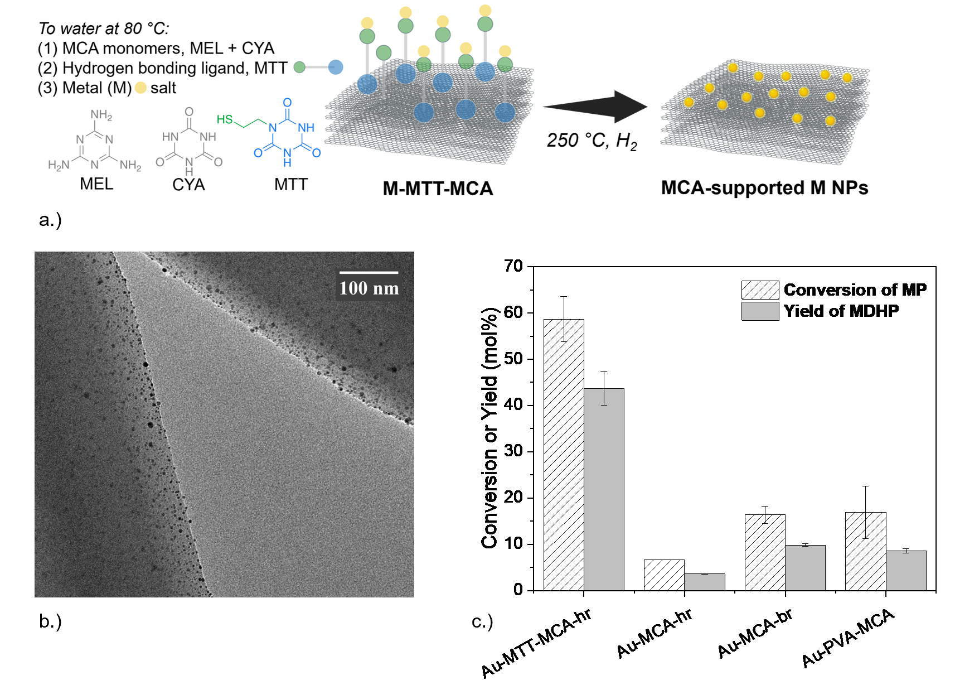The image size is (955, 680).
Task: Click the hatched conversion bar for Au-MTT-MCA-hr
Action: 564,454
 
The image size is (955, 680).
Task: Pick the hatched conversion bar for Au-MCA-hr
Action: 664,575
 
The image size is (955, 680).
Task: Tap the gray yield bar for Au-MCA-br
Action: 805,567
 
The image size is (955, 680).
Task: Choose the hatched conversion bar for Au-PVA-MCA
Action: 865,551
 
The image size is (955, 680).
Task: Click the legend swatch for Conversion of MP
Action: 760,290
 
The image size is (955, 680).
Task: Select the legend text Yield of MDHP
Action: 841,311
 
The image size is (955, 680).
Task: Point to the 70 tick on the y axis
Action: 513,266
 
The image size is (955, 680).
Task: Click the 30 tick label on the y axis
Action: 513,451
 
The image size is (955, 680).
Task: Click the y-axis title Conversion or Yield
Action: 489,427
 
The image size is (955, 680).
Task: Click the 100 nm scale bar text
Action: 369,288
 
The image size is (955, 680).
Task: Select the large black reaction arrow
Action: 595,106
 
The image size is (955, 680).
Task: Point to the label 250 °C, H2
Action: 592,141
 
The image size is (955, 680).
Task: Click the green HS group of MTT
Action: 225,119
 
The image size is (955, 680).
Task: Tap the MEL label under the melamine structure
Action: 96,184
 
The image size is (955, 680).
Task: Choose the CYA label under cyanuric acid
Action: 188,185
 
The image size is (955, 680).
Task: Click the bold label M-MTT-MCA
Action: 438,189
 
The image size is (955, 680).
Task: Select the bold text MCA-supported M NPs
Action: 764,188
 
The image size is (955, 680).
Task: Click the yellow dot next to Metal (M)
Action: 140,88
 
